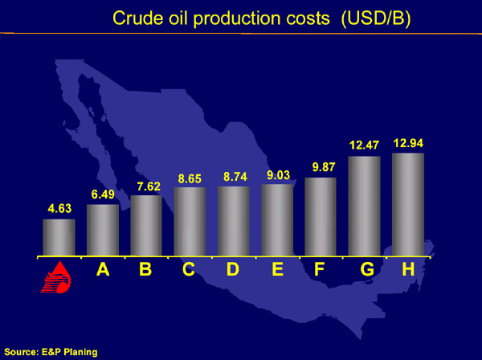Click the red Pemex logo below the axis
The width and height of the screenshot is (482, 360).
pyautogui.click(x=55, y=277)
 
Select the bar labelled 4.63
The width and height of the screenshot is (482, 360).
pyautogui.click(x=59, y=237)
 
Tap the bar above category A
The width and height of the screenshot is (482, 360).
pyautogui.click(x=103, y=230)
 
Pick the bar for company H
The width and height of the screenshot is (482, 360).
pyautogui.click(x=408, y=204)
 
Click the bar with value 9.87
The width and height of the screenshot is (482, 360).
pyautogui.click(x=321, y=216)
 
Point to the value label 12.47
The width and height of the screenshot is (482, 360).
pyautogui.click(x=364, y=145)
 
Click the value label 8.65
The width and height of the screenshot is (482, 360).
pyautogui.click(x=190, y=178)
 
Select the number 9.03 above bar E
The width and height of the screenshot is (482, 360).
pyautogui.click(x=278, y=175)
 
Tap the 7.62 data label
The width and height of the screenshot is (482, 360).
pyautogui.click(x=149, y=186)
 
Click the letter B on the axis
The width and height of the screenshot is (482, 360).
pyautogui.click(x=145, y=269)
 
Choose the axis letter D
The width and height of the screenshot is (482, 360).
pyautogui.click(x=233, y=269)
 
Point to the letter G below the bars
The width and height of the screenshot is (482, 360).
pyautogui.click(x=367, y=269)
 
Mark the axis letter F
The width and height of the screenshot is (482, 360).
pyautogui.click(x=320, y=269)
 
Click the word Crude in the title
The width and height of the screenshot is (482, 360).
pyautogui.click(x=138, y=18)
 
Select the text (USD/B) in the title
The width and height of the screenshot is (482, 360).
pyautogui.click(x=376, y=18)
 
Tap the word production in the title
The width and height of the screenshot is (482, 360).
pyautogui.click(x=237, y=19)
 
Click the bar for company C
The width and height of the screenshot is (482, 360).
pyautogui.click(x=190, y=221)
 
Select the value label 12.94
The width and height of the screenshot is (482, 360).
pyautogui.click(x=408, y=143)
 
